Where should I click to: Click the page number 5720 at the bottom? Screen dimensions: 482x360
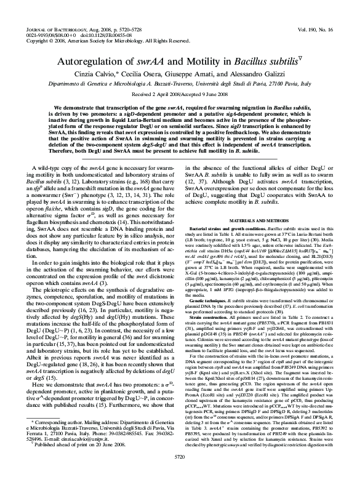179,473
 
